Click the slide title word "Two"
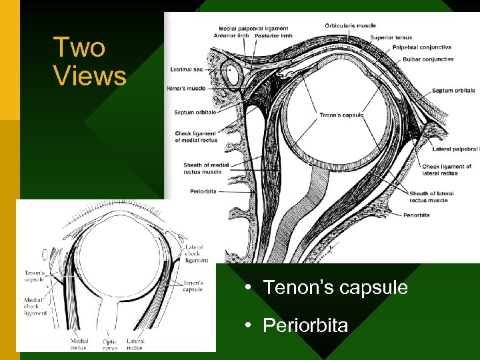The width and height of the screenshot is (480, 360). click(79, 48)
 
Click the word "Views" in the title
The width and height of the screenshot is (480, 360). click(90, 76)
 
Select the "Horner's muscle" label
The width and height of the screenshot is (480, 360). click(187, 88)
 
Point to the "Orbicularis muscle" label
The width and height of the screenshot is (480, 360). click(350, 26)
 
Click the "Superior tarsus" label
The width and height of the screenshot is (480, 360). click(391, 37)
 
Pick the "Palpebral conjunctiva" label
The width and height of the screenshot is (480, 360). click(422, 47)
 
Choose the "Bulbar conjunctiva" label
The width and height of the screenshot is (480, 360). click(428, 59)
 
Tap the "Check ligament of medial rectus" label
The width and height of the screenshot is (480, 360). click(196, 137)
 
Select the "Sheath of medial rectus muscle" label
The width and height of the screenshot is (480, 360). click(202, 168)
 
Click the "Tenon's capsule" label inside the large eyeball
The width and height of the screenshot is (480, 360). click(341, 115)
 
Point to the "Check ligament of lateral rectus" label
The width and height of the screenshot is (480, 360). click(447, 169)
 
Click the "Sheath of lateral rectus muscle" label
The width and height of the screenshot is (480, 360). click(431, 197)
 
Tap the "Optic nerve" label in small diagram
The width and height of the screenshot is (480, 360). click(109, 344)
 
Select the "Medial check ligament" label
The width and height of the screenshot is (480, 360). click(35, 307)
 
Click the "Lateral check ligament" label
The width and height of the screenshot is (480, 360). click(195, 254)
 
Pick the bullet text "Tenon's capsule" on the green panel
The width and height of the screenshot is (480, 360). click(335, 287)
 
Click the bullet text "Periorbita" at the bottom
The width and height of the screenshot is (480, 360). click(305, 325)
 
